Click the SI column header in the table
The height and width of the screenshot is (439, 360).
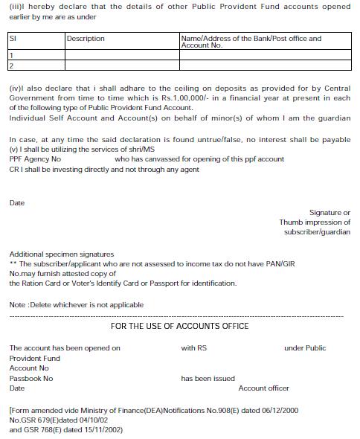coord(13,38)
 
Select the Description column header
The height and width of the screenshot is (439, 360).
coord(86,39)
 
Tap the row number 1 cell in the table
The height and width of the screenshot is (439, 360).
coord(11,55)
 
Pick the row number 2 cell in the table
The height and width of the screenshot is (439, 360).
coord(11,65)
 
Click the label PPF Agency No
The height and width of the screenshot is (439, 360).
coord(35,159)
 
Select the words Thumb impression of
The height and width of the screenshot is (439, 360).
coord(315,222)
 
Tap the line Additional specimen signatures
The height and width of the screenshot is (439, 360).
coord(62,254)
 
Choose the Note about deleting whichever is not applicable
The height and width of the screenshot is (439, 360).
coord(76,305)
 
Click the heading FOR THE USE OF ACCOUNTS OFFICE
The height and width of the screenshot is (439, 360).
coord(179,326)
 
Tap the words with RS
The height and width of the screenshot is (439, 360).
coord(193,348)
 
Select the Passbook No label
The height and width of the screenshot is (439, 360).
coord(31,379)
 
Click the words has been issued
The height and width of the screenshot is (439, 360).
coord(208,379)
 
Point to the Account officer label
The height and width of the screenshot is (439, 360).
coord(263,388)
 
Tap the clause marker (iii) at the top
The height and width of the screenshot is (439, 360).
coord(16,6)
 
